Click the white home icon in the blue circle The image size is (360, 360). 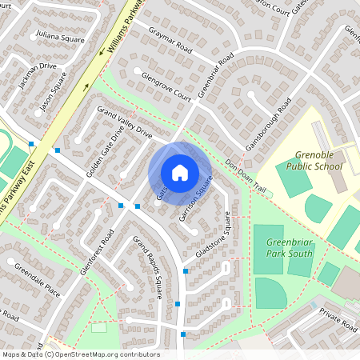pyautogui.click(x=180, y=173)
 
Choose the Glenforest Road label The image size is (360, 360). pyautogui.click(x=97, y=252)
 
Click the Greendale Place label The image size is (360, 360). pyautogui.click(x=37, y=278)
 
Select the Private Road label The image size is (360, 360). pyautogui.click(x=337, y=318)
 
